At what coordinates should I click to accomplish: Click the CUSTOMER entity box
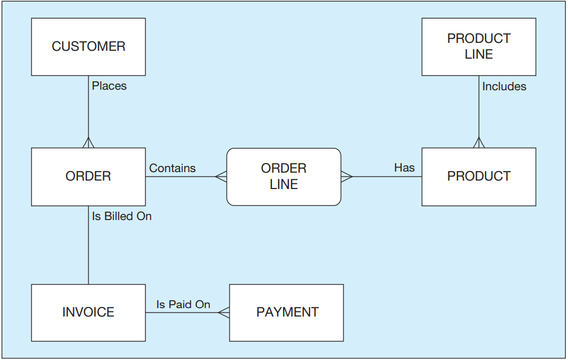(x=89, y=47)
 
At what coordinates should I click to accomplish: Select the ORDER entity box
(x=89, y=177)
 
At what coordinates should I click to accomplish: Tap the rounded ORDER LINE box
(x=284, y=177)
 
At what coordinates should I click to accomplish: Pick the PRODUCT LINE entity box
(x=479, y=47)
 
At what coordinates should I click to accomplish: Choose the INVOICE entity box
(x=89, y=313)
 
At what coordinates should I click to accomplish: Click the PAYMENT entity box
(x=287, y=313)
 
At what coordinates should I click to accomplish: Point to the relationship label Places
(x=109, y=86)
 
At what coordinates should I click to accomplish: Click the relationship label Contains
(x=173, y=168)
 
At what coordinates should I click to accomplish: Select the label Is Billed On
(x=122, y=216)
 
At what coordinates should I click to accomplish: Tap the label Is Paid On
(x=183, y=304)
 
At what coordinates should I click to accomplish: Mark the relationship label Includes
(x=504, y=86)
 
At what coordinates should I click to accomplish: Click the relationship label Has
(x=404, y=168)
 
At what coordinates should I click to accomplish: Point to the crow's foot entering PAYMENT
(x=224, y=313)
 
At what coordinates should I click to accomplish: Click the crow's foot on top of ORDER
(x=89, y=143)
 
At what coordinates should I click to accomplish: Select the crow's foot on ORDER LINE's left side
(x=221, y=177)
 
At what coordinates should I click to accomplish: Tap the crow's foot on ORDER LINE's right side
(x=347, y=177)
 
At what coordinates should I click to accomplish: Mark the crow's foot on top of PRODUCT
(x=479, y=143)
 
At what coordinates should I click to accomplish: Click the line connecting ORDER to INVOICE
(x=89, y=245)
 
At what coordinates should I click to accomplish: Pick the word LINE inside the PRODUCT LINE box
(x=479, y=54)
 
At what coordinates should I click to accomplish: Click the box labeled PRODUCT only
(x=479, y=177)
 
